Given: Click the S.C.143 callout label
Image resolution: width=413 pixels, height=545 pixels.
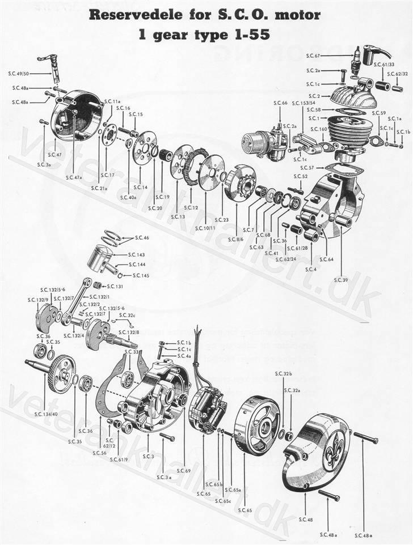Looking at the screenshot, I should pos(137,254).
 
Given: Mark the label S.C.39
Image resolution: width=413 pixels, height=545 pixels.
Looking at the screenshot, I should pos(340,279).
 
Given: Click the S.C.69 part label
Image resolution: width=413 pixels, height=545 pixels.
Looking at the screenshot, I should pos(183,471).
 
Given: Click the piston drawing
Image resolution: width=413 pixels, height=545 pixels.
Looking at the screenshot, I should pos(102,259).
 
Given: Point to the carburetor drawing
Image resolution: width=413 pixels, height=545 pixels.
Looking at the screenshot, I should pos(262,142).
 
